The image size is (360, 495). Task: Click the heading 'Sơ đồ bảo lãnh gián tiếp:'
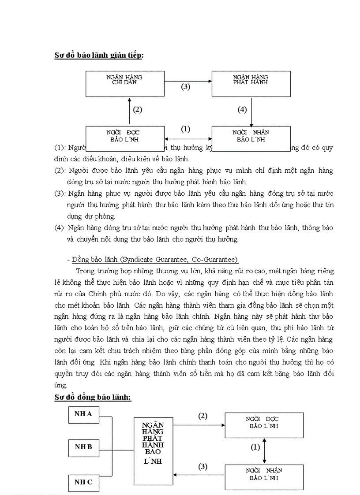pyautogui.click(x=99, y=55)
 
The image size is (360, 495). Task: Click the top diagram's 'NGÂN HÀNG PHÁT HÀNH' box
pyautogui.click(x=251, y=84)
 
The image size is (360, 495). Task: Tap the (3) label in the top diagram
pyautogui.click(x=186, y=87)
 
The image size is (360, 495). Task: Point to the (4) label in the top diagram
pyautogui.click(x=242, y=110)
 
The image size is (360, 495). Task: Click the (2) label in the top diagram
pyautogui.click(x=138, y=110)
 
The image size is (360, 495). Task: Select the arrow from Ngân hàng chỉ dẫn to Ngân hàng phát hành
pyautogui.click(x=188, y=81)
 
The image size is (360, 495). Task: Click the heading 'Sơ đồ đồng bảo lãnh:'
pyautogui.click(x=93, y=397)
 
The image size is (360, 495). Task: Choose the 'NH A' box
pyautogui.click(x=83, y=414)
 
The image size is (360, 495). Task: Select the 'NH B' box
pyautogui.click(x=83, y=447)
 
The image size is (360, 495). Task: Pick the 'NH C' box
pyautogui.click(x=83, y=482)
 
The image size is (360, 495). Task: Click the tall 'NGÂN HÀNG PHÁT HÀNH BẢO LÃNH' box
pyautogui.click(x=153, y=445)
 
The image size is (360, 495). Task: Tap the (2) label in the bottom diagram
pyautogui.click(x=202, y=416)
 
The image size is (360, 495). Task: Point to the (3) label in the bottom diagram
pyautogui.click(x=202, y=466)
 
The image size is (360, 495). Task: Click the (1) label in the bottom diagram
pyautogui.click(x=255, y=447)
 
